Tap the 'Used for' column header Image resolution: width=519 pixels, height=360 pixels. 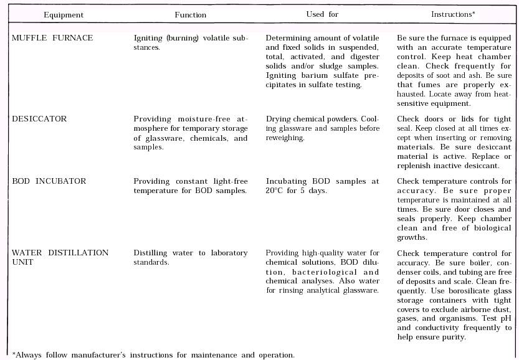(x=323, y=14)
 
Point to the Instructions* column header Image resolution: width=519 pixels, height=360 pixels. (x=454, y=14)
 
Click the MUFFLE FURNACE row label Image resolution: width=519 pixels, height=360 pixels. (x=52, y=38)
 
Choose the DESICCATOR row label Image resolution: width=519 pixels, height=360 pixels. (x=39, y=119)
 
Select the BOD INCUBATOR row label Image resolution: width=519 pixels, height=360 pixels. (x=49, y=181)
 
